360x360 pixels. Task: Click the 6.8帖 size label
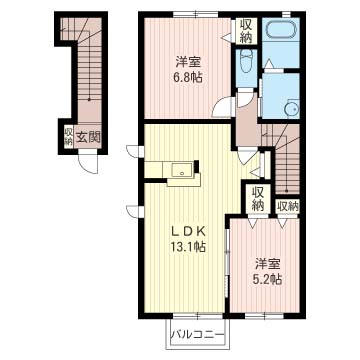coord(184,80)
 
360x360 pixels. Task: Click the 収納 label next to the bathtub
coord(246,31)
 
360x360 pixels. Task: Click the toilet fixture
coord(248,66)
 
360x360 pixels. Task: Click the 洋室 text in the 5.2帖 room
coord(266,264)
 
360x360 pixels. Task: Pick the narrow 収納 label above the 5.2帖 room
coord(288,206)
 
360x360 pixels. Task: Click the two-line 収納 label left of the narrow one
coord(258,199)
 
